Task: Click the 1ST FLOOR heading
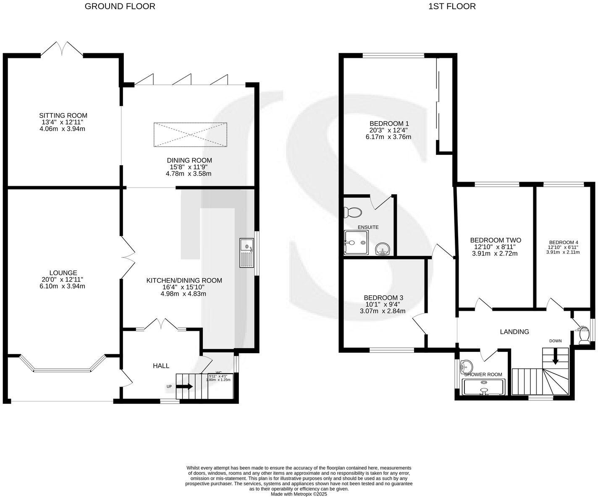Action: pyautogui.click(x=452, y=6)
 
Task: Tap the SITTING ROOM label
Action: pyautogui.click(x=63, y=115)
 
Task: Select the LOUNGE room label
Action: pyautogui.click(x=63, y=273)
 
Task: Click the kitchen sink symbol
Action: pyautogui.click(x=247, y=253)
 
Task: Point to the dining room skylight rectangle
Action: pyautogui.click(x=190, y=135)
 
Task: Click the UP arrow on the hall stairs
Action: pyautogui.click(x=184, y=386)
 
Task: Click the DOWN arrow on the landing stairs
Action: pyautogui.click(x=555, y=357)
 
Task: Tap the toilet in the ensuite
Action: pyautogui.click(x=352, y=213)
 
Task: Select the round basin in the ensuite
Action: pyautogui.click(x=383, y=249)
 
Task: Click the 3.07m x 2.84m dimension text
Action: pyautogui.click(x=383, y=311)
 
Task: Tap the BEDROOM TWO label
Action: pyautogui.click(x=496, y=240)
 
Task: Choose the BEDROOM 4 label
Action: pyautogui.click(x=564, y=242)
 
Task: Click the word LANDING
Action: pyautogui.click(x=514, y=332)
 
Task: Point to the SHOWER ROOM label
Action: pyautogui.click(x=483, y=375)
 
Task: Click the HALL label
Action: pyautogui.click(x=161, y=366)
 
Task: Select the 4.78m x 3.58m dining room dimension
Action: pyautogui.click(x=189, y=174)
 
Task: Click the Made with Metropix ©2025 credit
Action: pyautogui.click(x=299, y=494)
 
